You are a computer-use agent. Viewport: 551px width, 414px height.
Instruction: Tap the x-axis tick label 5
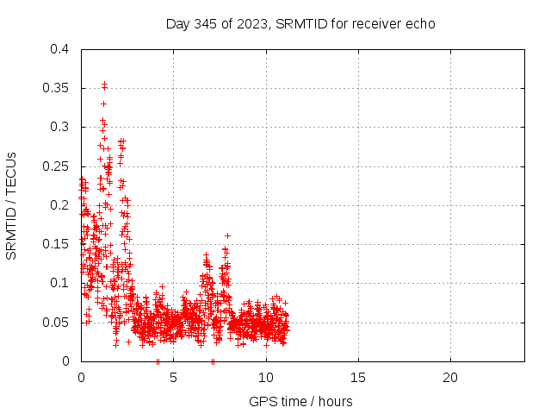pyautogui.click(x=173, y=378)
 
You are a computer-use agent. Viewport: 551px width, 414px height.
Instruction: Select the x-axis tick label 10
pyautogui.click(x=265, y=378)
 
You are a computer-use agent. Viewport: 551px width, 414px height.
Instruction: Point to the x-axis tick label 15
pyautogui.click(x=357, y=378)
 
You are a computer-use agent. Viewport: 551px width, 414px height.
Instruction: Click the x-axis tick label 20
pyautogui.click(x=449, y=378)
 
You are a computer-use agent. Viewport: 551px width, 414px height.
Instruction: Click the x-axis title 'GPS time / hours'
pyautogui.click(x=300, y=401)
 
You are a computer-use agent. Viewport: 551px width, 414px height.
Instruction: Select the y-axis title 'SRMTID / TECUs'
pyautogui.click(x=12, y=205)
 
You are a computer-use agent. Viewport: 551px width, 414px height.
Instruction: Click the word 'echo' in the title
pyautogui.click(x=421, y=23)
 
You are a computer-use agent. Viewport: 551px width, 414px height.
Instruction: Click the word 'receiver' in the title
pyautogui.click(x=378, y=23)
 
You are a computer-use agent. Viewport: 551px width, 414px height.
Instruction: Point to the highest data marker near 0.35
pyautogui.click(x=104, y=84)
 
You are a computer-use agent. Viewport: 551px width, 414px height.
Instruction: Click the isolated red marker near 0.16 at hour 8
pyautogui.click(x=227, y=235)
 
